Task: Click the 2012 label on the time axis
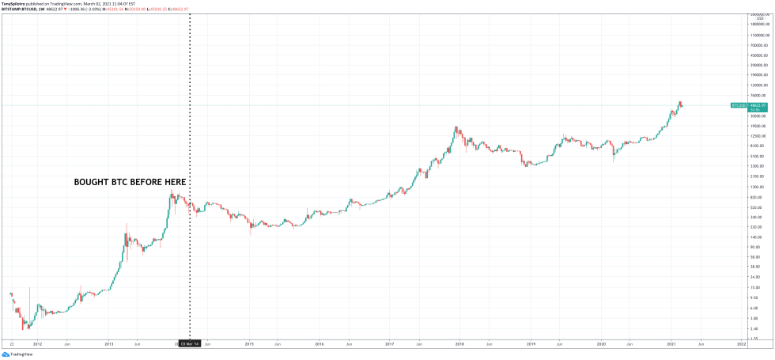[37, 345]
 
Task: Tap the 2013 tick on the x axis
[109, 345]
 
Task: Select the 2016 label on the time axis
[319, 345]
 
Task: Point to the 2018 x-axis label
[460, 345]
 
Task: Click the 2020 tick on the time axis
[601, 345]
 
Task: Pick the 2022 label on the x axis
[742, 345]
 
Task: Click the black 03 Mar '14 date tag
[190, 345]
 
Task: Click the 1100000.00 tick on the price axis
[758, 36]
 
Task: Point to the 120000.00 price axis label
[758, 85]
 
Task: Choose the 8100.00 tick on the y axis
[758, 146]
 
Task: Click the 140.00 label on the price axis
[758, 237]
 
